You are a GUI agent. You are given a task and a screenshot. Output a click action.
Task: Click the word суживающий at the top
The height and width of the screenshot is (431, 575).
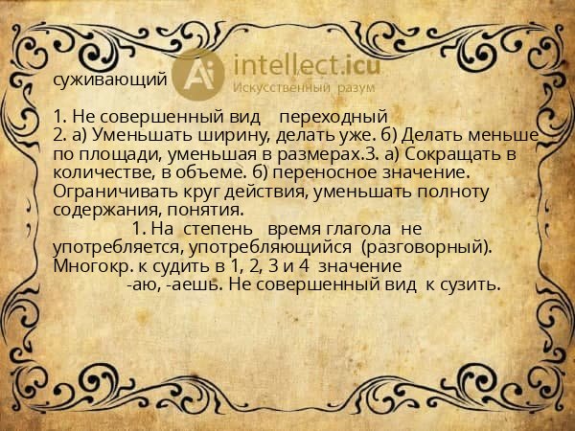pos(111,79)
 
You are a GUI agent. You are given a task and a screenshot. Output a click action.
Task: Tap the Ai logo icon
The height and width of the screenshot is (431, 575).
pos(203,74)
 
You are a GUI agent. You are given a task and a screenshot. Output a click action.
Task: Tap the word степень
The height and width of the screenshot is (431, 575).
pos(216,229)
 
